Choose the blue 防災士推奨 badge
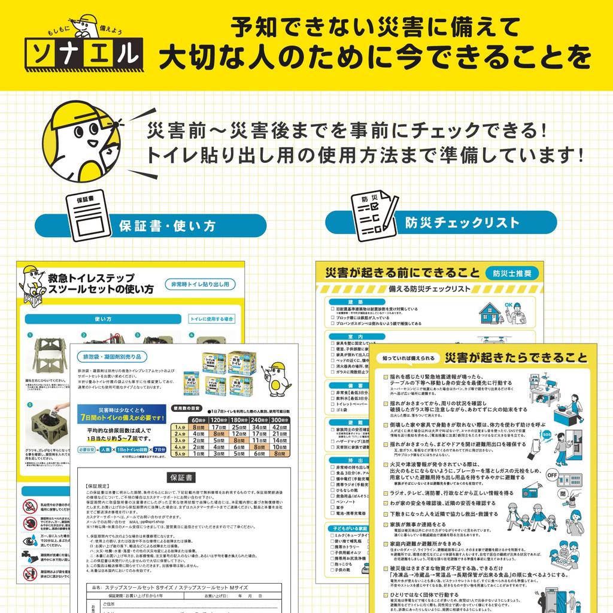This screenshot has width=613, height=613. click(511, 273)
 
